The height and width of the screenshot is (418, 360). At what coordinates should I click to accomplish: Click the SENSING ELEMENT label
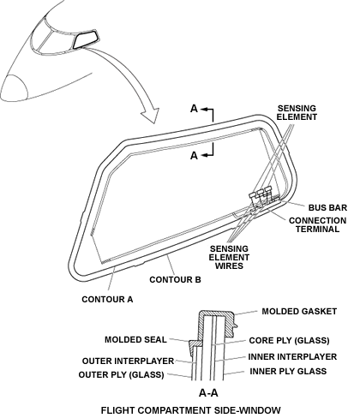[x=297, y=112]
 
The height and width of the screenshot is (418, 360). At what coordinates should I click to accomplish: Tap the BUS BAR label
[x=327, y=207]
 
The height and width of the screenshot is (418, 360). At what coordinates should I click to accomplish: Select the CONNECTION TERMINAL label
[x=317, y=224]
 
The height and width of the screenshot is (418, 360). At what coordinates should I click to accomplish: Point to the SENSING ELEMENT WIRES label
[x=229, y=257]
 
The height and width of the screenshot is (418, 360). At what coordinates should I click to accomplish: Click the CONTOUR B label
[x=175, y=279]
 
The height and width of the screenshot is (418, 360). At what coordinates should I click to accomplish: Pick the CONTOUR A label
[x=107, y=299]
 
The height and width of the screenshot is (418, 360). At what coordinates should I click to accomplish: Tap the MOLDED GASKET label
[x=299, y=311]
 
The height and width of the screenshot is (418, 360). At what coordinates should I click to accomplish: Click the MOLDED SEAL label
[x=135, y=339]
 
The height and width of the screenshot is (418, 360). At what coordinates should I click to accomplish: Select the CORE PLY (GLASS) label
[x=289, y=340]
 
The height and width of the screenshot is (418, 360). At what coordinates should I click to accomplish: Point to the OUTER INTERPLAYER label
[x=128, y=361]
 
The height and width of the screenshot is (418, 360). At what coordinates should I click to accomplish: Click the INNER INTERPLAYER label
[x=292, y=356]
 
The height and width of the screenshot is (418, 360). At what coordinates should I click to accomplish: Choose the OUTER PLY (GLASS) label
[x=121, y=374]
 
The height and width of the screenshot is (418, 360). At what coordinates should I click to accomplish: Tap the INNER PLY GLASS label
[x=288, y=371]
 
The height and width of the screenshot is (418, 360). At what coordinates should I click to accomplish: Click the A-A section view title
[x=208, y=393]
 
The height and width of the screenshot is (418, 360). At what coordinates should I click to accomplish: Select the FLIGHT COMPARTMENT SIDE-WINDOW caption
[x=191, y=410]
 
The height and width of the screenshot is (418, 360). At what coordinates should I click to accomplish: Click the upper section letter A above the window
[x=194, y=109]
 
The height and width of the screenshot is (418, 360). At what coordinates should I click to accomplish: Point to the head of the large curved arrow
[x=151, y=116]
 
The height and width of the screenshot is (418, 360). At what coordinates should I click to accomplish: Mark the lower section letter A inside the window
[x=194, y=156]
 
